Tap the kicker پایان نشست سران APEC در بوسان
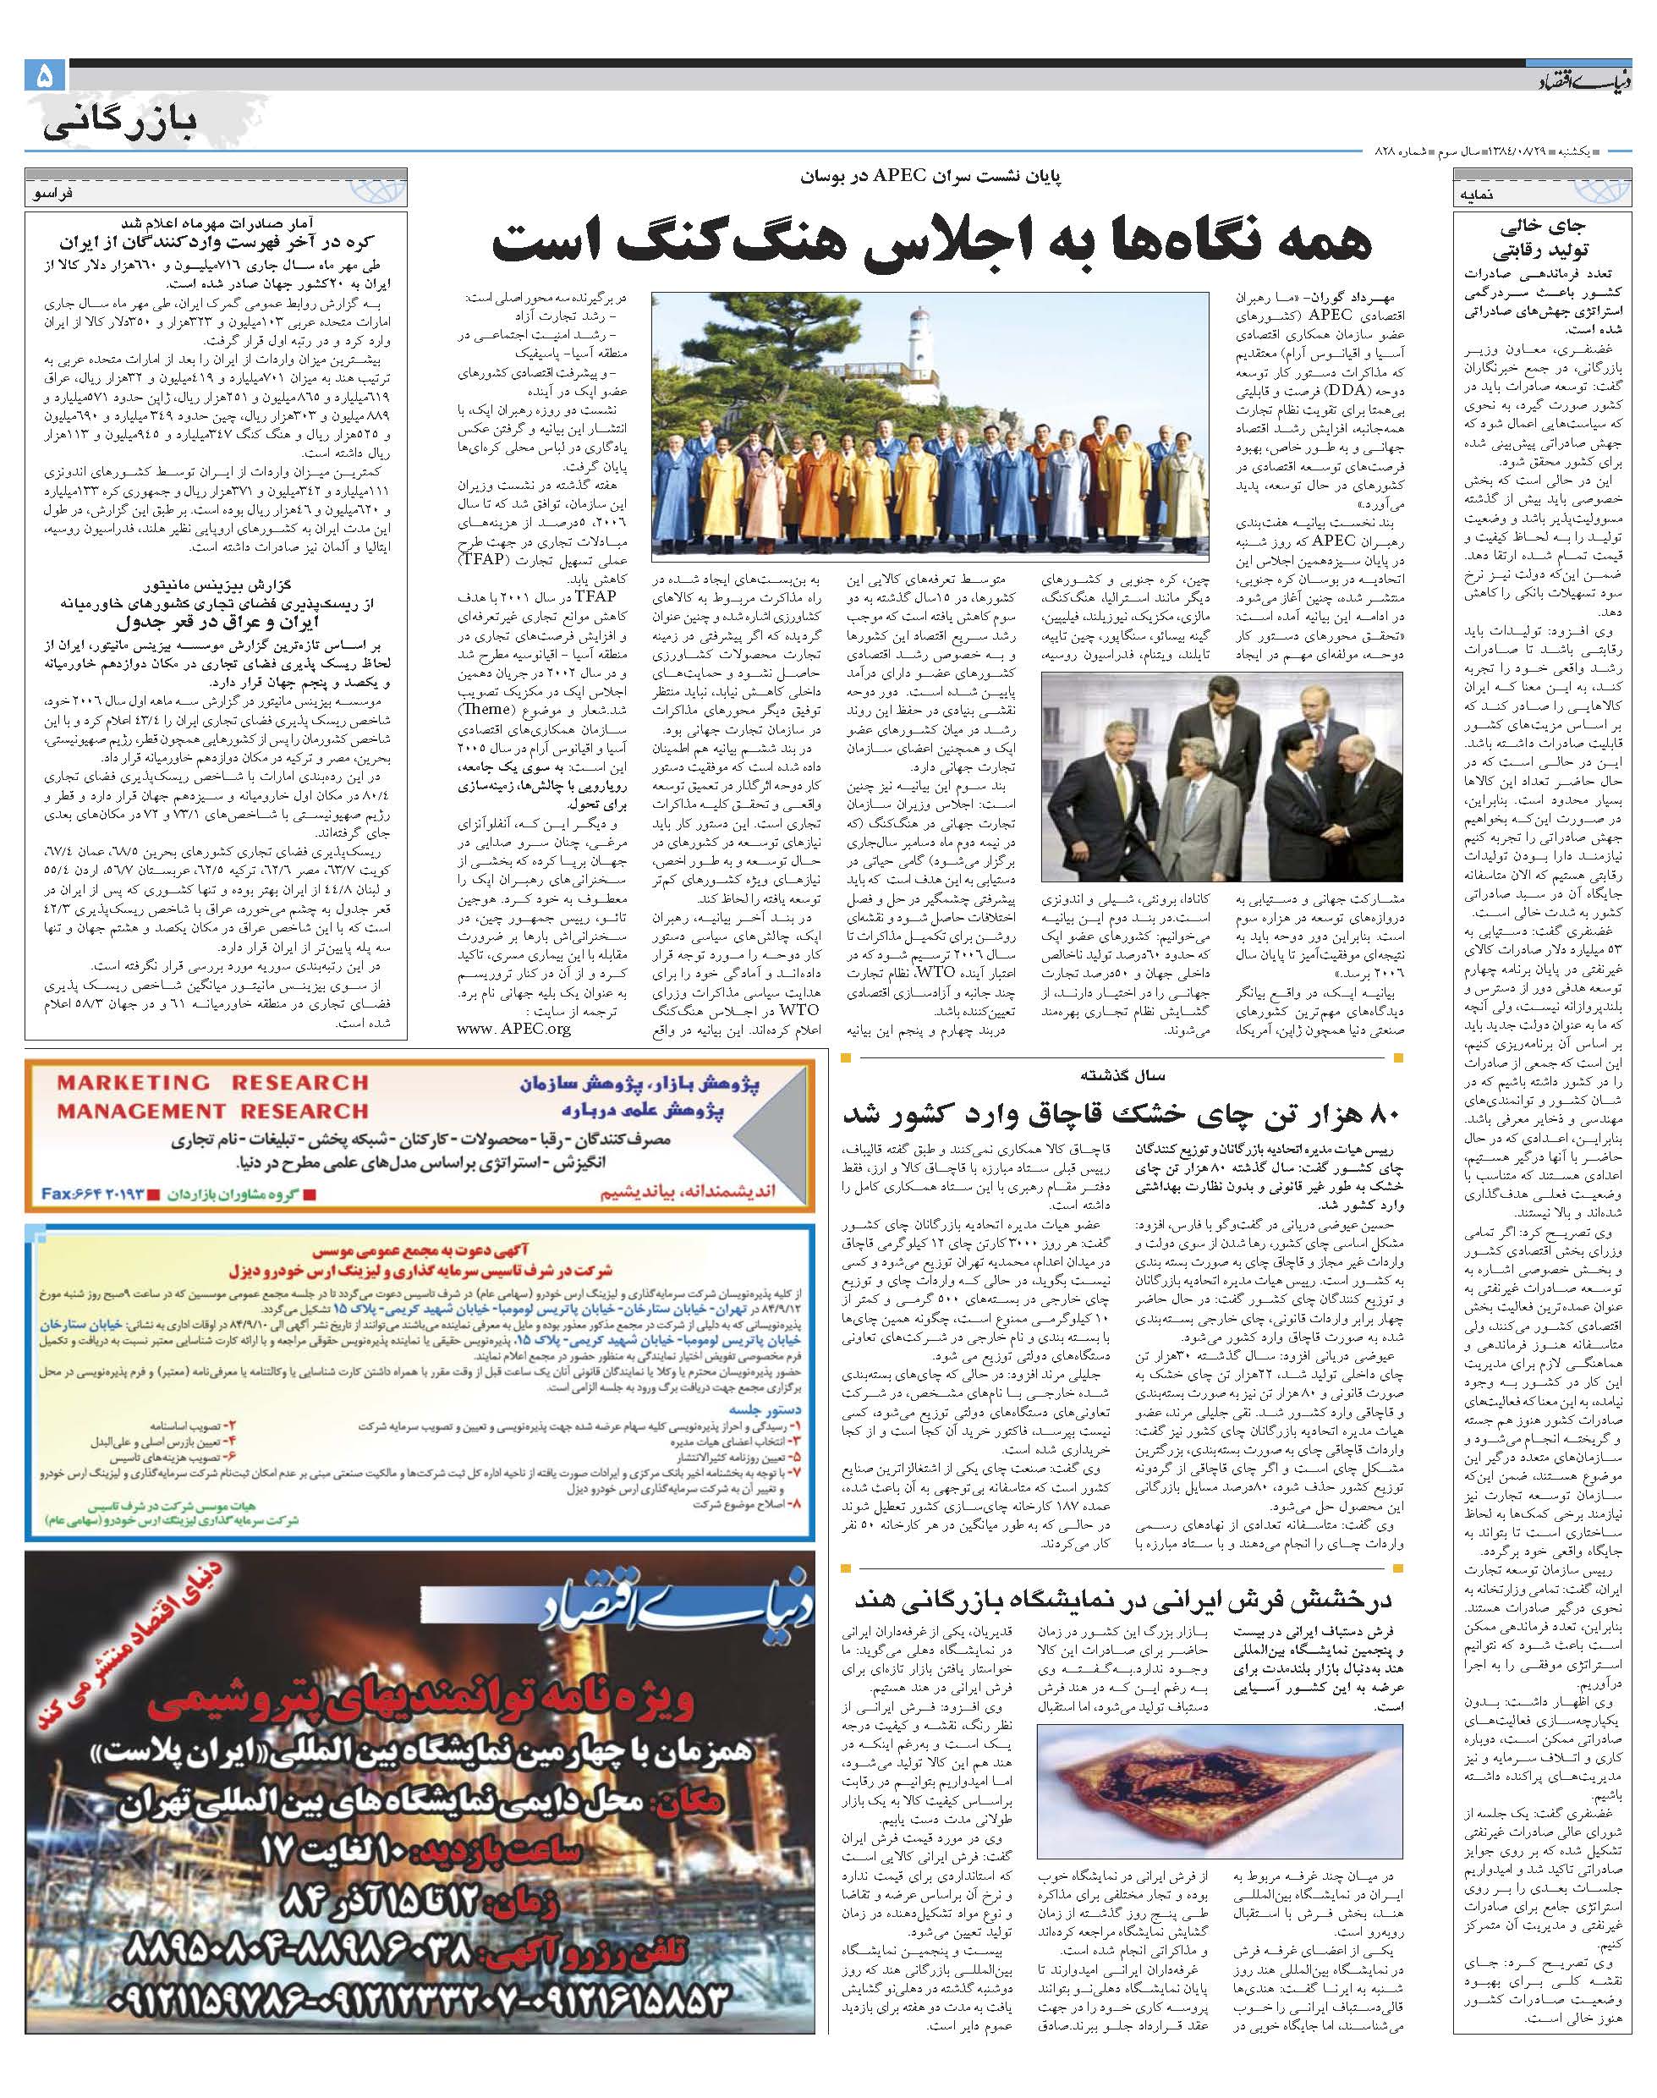pyautogui.click(x=930, y=178)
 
